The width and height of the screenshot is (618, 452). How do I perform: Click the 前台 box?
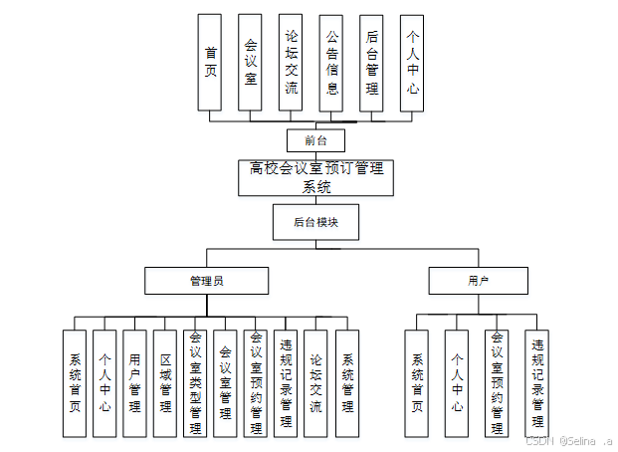[315, 140]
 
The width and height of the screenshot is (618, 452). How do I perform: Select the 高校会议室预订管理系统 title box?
[315, 177]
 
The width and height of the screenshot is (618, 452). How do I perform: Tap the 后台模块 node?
[315, 222]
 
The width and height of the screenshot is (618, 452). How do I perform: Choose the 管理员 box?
[206, 281]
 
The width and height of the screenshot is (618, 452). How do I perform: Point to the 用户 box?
[478, 281]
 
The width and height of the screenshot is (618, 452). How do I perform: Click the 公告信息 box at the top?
[331, 62]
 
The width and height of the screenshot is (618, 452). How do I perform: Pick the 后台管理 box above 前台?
[371, 62]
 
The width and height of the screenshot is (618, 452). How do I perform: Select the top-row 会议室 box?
[250, 62]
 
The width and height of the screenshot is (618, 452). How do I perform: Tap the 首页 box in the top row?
[209, 62]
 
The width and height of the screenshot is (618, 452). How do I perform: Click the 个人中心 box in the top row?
[412, 62]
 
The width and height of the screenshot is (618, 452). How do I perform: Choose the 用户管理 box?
[134, 383]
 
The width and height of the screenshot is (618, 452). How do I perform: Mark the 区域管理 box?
[164, 383]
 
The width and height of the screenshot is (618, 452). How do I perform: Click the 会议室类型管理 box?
[195, 383]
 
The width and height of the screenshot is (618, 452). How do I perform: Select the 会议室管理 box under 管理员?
[225, 383]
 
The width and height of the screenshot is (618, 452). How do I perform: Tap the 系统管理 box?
[347, 383]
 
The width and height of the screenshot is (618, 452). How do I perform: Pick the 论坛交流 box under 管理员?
[315, 383]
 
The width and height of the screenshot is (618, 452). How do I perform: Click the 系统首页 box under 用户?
[417, 383]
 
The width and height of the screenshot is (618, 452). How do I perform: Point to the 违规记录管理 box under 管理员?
[286, 383]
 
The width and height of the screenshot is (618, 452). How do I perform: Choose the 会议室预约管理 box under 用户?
[497, 383]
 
